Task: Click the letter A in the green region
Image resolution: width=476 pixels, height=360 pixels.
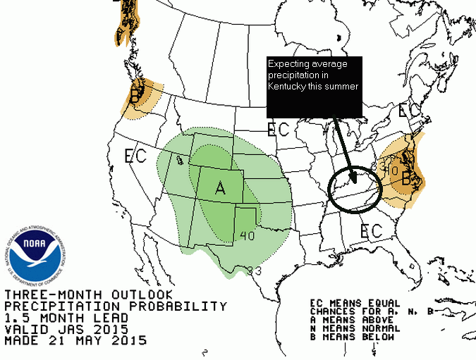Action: pos(220,188)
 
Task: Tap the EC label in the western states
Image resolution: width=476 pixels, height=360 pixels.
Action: pos(135,155)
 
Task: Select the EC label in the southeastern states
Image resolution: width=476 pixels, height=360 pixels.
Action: pos(372,230)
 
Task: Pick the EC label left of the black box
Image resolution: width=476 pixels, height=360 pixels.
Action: pos(279,129)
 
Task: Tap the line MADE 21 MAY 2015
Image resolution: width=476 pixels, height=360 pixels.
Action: pos(75,340)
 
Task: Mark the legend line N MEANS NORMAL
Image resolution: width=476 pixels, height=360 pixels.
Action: pos(357,328)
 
